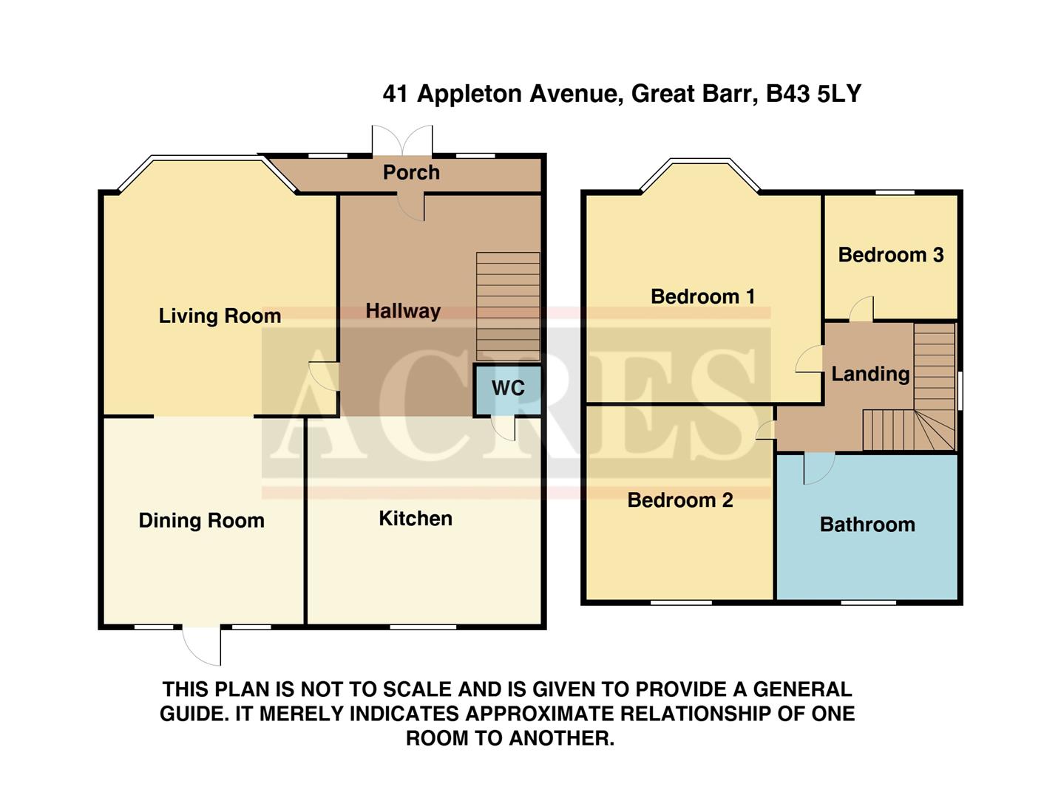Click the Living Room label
220,316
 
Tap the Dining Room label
201,521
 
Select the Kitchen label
415,519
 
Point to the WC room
507,389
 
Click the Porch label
411,173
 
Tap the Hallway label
402,311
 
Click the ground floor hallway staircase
507,306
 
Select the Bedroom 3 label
890,255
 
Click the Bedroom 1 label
702,297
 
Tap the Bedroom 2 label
679,500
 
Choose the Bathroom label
867,525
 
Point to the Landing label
870,374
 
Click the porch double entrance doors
401,140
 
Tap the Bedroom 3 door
861,310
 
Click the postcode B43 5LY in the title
813,94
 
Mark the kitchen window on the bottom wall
423,627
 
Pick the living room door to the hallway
324,376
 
